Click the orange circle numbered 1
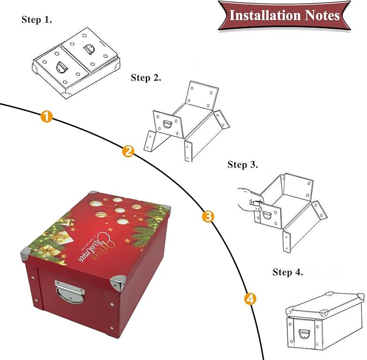click(x=47, y=116)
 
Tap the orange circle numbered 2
click(x=128, y=151)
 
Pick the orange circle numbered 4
click(x=250, y=298)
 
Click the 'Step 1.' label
click(x=37, y=19)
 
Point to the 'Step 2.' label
click(x=146, y=78)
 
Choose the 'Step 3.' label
click(x=243, y=164)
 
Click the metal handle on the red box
click(x=69, y=293)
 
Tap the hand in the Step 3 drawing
click(x=249, y=201)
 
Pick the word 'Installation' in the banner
click(x=263, y=15)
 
